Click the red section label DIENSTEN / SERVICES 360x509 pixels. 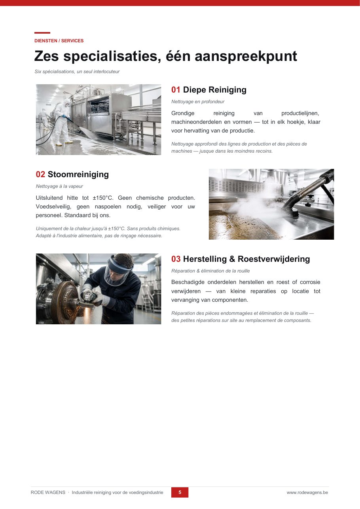[x=59, y=41]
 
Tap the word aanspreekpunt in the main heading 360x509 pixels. [x=246, y=56]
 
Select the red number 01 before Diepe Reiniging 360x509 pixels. [x=176, y=90]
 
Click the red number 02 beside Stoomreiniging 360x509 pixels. [x=40, y=174]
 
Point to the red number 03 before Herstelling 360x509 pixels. [x=176, y=259]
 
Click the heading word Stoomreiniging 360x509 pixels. [x=78, y=174]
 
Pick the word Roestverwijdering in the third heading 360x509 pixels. [x=274, y=259]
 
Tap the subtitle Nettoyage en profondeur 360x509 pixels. [x=198, y=102]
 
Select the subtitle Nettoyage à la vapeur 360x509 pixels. [x=59, y=186]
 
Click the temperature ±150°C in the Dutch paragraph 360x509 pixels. [x=103, y=198]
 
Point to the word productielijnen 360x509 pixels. [x=300, y=113]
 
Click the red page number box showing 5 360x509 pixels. [x=180, y=492]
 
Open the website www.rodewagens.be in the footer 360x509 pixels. [x=307, y=492]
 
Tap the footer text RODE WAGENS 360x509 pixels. [x=48, y=492]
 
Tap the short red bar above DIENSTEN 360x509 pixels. [x=42, y=33]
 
